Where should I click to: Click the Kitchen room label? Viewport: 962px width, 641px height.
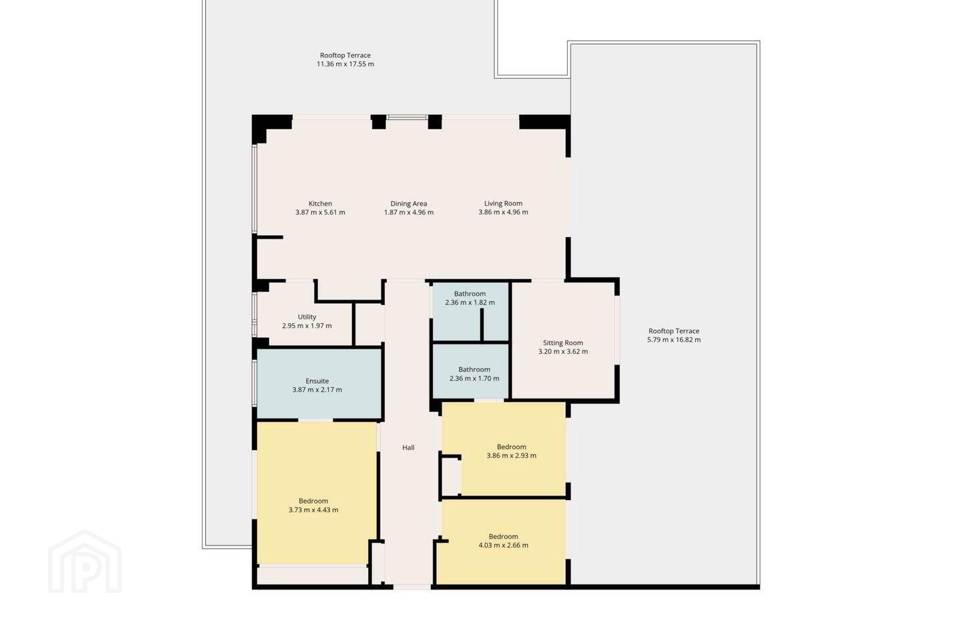321,204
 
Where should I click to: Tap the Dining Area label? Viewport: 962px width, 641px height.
408,204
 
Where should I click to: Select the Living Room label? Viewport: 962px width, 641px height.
503,204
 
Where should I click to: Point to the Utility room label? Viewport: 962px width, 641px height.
307,317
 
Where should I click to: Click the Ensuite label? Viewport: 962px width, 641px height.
317,381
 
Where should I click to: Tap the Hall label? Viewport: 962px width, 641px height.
408,447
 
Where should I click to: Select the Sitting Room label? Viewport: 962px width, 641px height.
563,343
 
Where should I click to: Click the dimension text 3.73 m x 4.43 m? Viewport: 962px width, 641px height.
313,510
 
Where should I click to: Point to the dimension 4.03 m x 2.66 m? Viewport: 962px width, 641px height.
503,546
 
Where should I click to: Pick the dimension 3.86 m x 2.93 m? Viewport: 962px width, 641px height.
512,455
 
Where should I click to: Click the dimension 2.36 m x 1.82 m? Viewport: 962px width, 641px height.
470,302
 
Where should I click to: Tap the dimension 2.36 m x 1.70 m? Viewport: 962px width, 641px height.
474,378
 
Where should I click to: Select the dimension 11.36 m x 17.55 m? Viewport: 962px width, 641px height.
345,64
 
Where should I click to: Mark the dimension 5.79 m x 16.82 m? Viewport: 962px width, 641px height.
674,340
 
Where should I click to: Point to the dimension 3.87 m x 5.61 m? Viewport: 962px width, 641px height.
321,212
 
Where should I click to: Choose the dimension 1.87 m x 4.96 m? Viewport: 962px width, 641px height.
408,212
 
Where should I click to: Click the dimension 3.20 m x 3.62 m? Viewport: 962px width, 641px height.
563,351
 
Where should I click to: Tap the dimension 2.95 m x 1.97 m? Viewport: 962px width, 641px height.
307,326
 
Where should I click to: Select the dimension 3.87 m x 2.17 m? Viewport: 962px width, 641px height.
317,390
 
